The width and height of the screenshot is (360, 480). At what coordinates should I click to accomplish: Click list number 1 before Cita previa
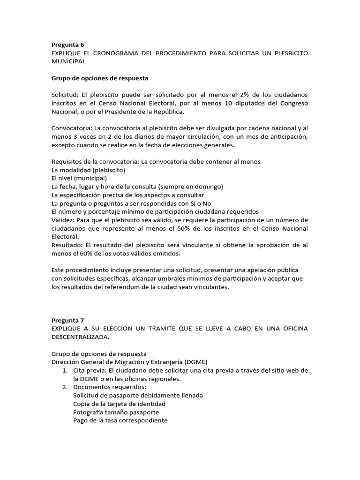click(66, 370)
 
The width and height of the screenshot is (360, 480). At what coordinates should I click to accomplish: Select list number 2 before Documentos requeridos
click(66, 387)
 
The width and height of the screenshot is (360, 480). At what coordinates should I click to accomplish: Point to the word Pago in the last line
click(81, 421)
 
